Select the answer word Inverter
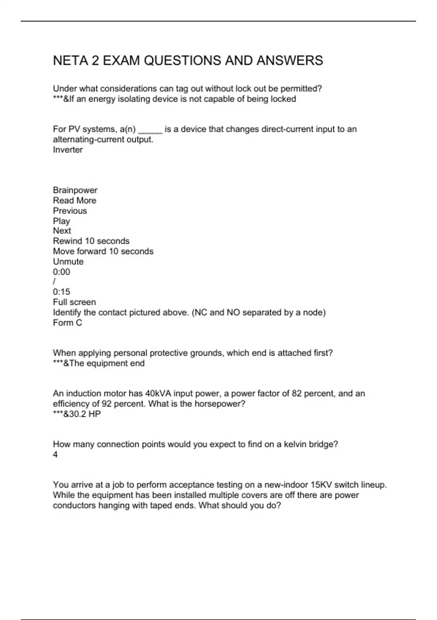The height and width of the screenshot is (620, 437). (68, 150)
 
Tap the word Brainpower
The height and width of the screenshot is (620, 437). (75, 190)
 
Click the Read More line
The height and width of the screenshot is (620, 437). (75, 201)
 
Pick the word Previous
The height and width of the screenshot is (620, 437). (70, 211)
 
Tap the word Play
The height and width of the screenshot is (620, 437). (61, 221)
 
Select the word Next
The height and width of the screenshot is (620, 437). (62, 231)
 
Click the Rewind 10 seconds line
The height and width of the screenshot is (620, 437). (91, 241)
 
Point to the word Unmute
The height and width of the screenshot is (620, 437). (68, 261)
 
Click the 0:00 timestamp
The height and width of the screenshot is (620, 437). (62, 272)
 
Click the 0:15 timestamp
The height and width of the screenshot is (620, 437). (62, 292)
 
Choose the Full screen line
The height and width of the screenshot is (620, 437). (74, 302)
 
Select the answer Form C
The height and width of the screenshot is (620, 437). (67, 323)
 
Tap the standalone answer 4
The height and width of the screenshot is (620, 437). (55, 455)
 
